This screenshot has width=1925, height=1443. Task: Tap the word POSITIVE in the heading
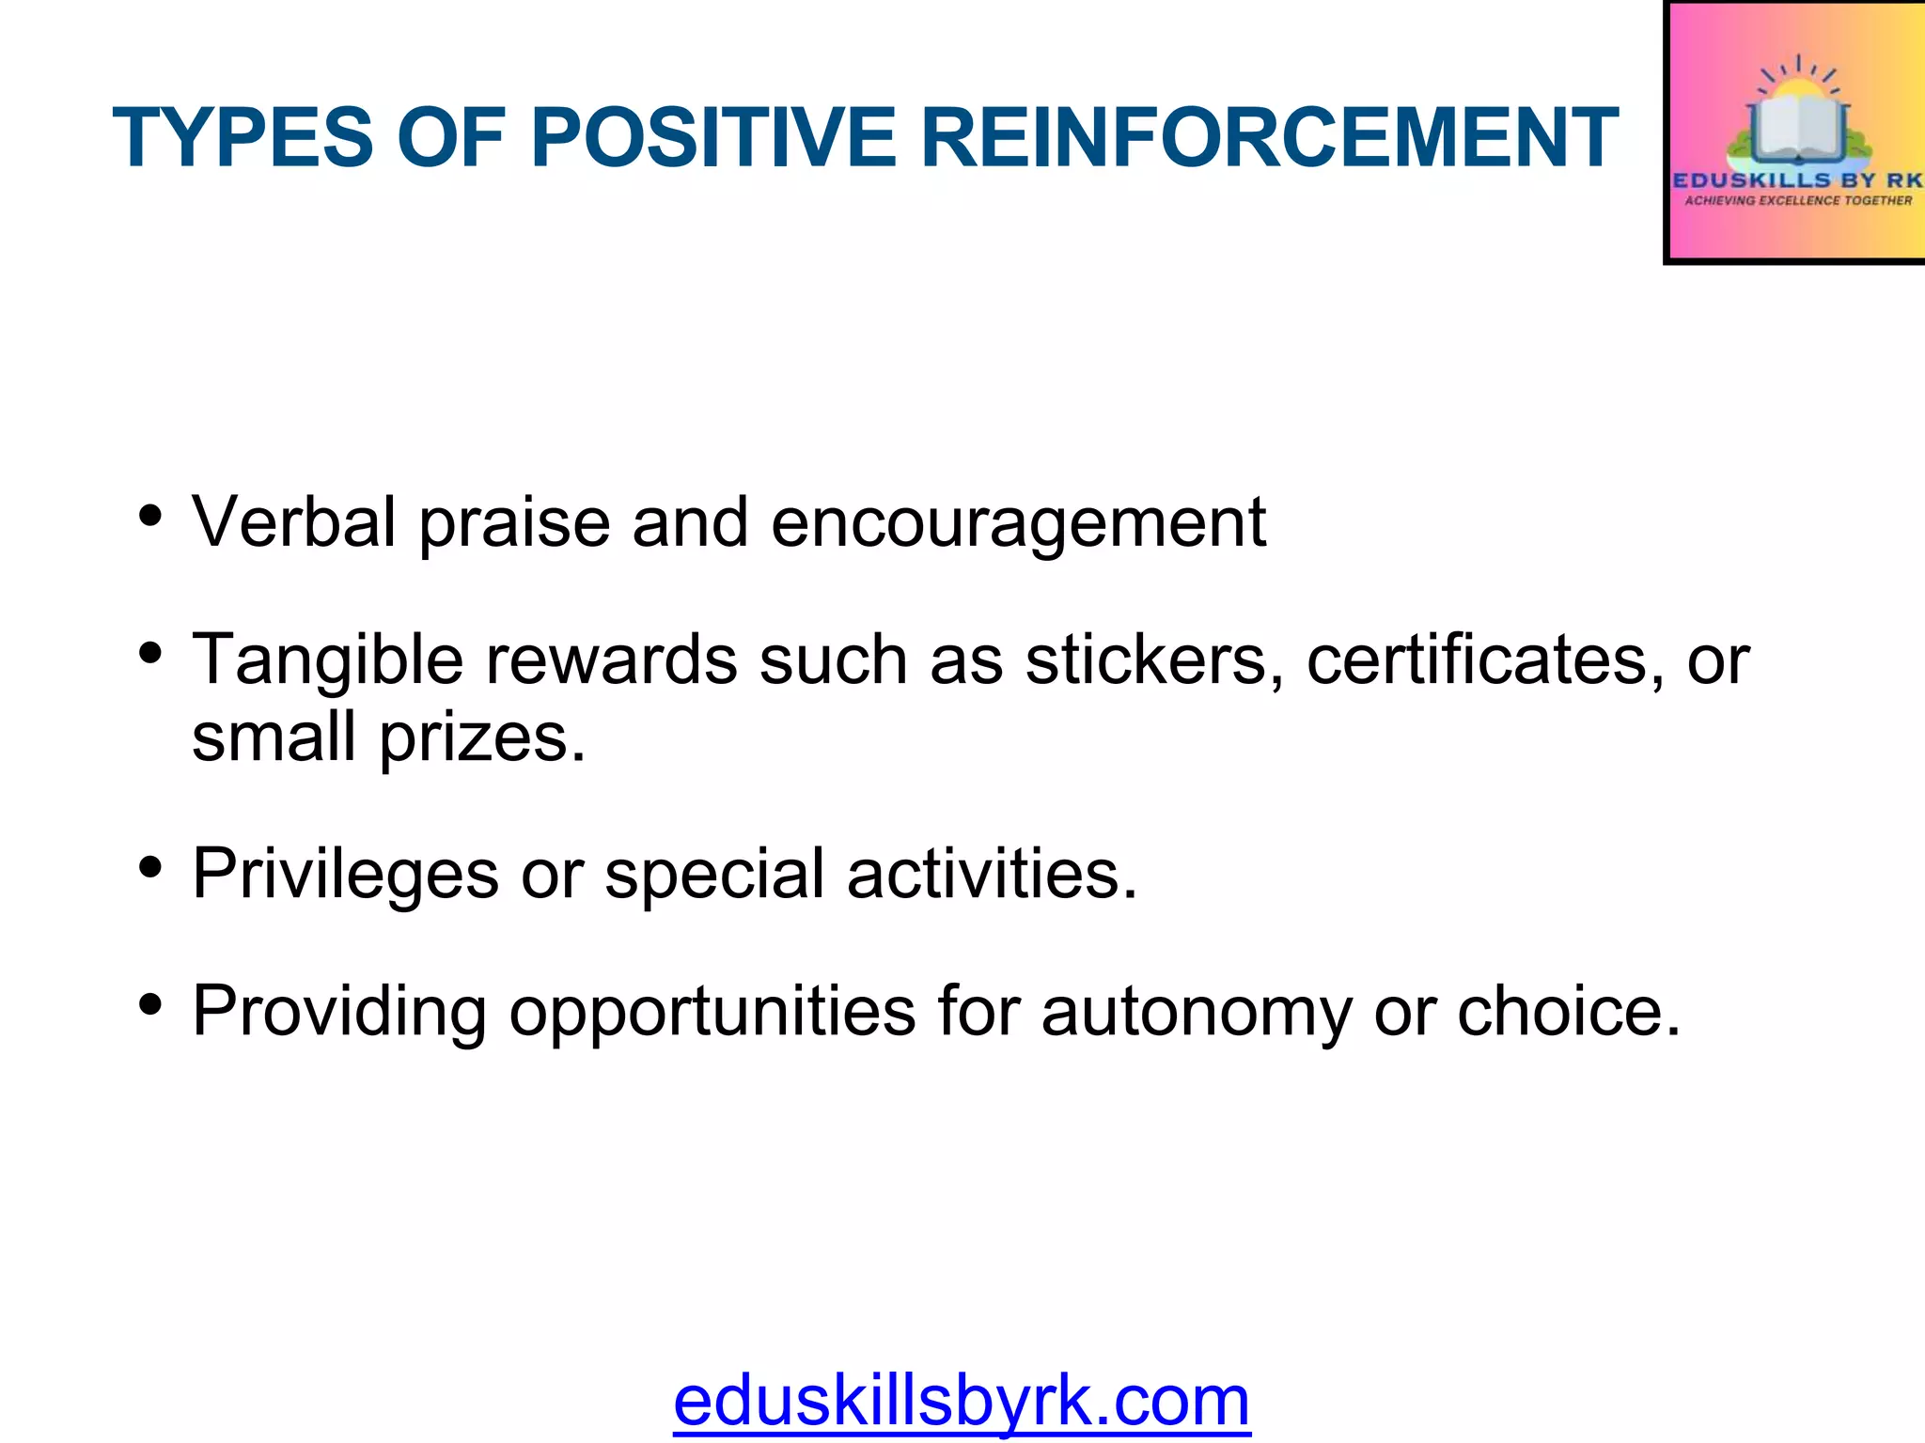(x=713, y=138)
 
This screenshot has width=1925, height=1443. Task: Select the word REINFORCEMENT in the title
(x=1269, y=138)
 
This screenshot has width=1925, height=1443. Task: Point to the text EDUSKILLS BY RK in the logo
(x=1797, y=179)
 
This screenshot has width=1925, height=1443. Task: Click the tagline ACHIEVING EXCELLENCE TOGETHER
(x=1798, y=200)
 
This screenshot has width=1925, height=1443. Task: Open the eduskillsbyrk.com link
(x=962, y=1401)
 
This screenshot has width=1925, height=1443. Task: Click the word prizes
(x=483, y=738)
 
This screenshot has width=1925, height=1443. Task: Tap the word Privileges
(x=345, y=875)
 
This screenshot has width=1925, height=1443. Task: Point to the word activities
(x=993, y=874)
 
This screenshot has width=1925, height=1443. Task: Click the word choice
(x=1569, y=1011)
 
